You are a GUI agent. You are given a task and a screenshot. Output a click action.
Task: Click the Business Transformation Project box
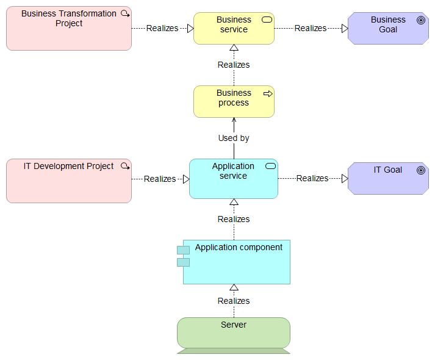point(68,29)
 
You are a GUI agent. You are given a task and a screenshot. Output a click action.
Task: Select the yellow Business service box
point(234,29)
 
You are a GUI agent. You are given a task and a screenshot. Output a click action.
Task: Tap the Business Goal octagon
point(388,29)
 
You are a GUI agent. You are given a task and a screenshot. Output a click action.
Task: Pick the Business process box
point(234,101)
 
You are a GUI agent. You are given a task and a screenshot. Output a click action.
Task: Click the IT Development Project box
point(68,181)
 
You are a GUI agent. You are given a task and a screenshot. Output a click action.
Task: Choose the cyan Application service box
point(233,179)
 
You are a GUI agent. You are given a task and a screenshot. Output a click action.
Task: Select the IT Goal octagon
point(388,178)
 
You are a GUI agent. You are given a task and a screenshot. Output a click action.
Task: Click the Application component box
point(237,262)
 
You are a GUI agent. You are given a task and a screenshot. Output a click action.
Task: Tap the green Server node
point(234,333)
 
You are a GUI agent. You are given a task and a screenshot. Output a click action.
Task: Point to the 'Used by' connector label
point(234,139)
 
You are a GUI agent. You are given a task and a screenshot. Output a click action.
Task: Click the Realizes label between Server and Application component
point(234,301)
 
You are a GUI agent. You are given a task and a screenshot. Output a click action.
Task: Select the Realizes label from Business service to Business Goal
point(311,28)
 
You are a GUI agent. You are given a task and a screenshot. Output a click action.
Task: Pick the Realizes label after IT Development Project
point(160,179)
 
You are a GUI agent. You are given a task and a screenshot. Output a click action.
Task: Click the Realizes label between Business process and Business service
point(234,65)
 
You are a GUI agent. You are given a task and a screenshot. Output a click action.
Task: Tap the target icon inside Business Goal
point(420,20)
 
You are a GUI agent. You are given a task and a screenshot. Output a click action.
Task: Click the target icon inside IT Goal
point(420,170)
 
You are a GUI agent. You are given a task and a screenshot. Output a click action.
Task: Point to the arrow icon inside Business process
point(267,93)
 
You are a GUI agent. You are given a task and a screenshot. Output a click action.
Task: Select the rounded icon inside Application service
point(270,167)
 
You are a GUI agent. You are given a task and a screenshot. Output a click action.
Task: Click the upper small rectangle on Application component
point(183,250)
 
